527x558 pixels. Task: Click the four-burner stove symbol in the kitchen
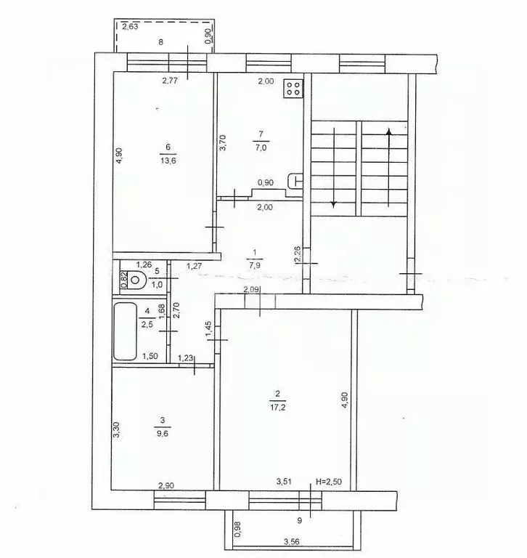point(293,89)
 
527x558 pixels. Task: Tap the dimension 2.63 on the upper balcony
point(131,27)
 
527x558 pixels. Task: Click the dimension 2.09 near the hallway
point(252,291)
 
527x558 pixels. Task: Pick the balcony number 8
point(161,43)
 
